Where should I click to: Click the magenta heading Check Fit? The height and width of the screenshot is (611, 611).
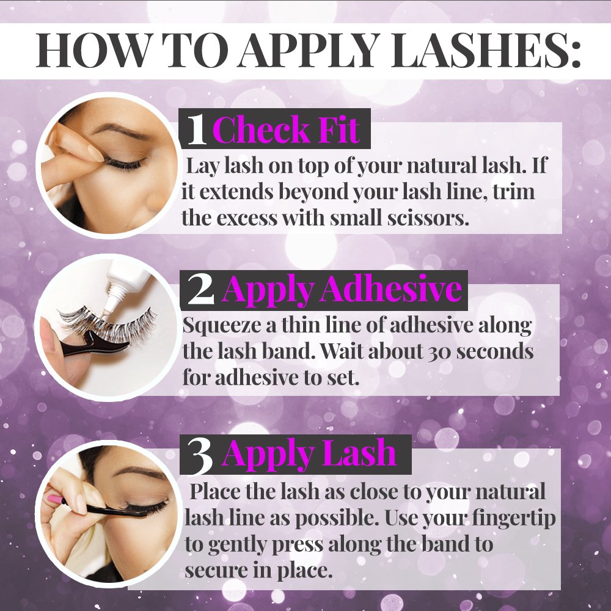[287, 130]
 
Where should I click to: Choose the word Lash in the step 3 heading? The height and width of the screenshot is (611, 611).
[361, 453]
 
